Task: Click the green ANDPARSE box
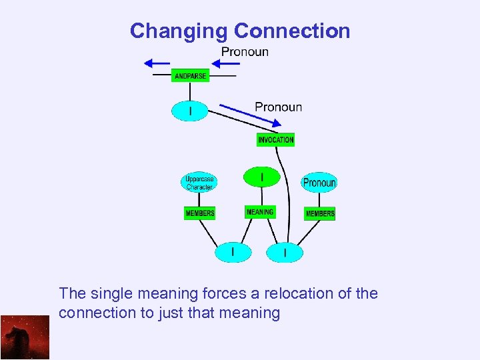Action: tap(190, 76)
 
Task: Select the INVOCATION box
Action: tap(275, 140)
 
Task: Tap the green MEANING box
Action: tap(260, 212)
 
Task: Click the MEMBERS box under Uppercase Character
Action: tap(200, 213)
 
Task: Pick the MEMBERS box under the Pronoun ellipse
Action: tap(320, 213)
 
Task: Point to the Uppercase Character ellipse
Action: tap(199, 182)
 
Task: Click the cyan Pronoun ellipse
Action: tap(319, 182)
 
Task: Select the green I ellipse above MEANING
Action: tap(261, 177)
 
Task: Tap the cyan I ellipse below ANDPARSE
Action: tap(190, 111)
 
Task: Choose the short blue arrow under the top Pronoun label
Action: tap(229, 63)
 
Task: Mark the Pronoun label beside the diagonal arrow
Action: tap(278, 107)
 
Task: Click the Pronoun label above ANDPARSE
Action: tap(245, 51)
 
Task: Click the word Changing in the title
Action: tap(179, 31)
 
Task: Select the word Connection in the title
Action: tap(292, 31)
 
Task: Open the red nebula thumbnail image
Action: tap(25, 337)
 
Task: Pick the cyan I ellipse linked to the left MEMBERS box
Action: tap(233, 252)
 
